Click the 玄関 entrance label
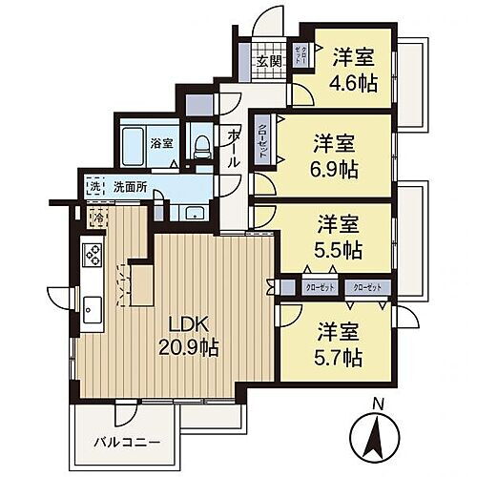268,64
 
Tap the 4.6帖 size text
354,82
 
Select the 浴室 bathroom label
161,143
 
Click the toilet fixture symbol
201,144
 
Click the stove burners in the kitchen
93,254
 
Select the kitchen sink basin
93,308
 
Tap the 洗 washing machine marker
93,187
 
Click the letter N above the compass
379,404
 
